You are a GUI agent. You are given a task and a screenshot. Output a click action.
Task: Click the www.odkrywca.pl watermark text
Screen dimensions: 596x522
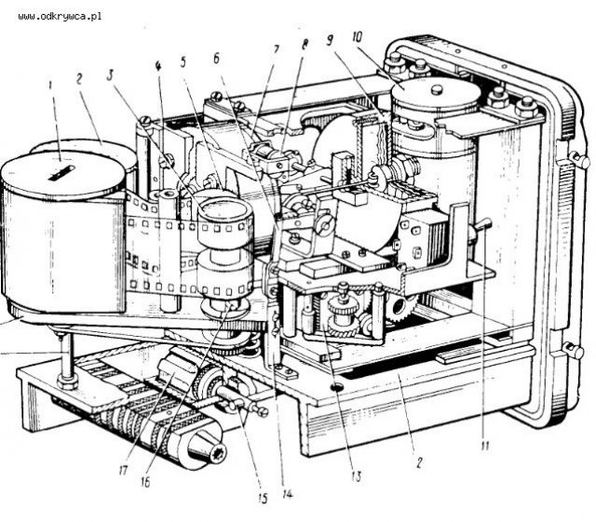click(60, 17)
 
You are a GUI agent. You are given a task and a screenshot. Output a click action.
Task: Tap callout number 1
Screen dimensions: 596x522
click(49, 85)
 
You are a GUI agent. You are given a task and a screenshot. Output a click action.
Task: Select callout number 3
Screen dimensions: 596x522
click(110, 75)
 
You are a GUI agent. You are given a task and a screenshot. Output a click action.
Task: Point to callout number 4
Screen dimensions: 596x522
click(158, 65)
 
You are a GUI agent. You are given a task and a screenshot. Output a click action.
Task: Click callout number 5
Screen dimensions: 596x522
click(183, 61)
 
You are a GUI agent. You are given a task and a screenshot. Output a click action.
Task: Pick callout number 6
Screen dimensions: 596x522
click(217, 59)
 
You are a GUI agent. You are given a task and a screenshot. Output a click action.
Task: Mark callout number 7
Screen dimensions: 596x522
click(277, 49)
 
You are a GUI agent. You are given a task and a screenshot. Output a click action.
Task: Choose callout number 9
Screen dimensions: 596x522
click(331, 40)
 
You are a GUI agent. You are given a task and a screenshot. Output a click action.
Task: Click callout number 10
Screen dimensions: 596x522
click(358, 37)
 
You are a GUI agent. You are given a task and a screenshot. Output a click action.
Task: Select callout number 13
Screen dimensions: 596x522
click(356, 476)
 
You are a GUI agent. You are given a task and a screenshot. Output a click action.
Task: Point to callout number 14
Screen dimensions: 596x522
click(288, 493)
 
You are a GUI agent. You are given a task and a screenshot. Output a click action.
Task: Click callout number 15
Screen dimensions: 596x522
click(263, 499)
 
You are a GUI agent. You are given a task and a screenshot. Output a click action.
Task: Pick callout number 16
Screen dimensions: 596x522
click(145, 482)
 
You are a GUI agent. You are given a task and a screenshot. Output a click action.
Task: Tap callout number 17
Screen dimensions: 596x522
click(123, 471)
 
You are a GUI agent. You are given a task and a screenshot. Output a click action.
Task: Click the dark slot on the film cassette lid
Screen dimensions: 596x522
click(62, 173)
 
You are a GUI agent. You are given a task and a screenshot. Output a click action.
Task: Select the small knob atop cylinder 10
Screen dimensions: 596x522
click(438, 90)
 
